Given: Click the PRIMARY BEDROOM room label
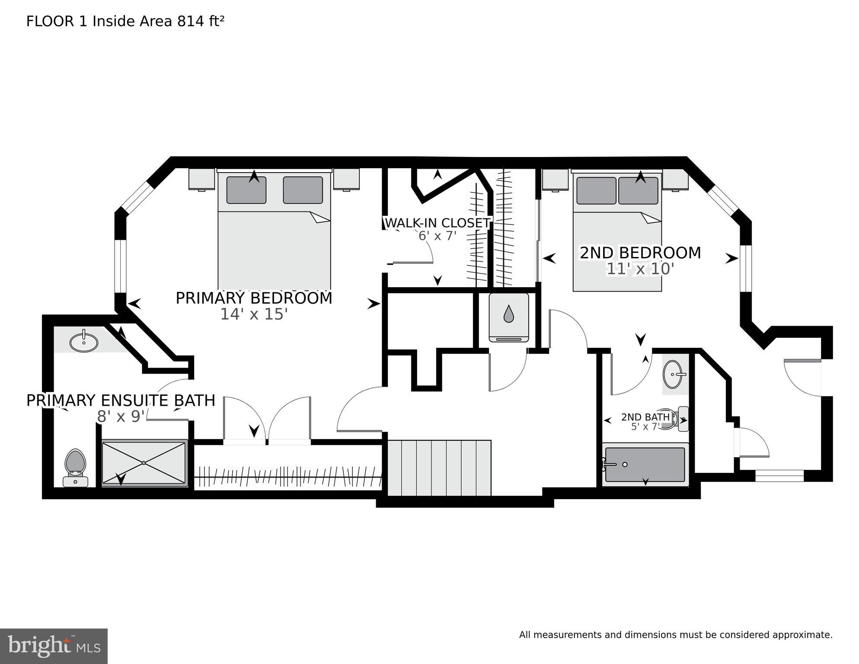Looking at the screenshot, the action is (254, 298).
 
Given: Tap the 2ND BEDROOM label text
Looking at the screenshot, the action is (640, 253).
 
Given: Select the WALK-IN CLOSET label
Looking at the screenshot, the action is (437, 223).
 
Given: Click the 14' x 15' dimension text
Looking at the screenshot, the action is (254, 314).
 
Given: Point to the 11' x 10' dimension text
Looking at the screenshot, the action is (640, 269).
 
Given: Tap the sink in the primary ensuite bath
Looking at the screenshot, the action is (84, 342).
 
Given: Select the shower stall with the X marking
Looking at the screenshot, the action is (144, 463).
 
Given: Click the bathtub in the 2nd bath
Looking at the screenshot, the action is (645, 465).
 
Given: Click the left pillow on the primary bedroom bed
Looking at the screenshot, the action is (246, 190).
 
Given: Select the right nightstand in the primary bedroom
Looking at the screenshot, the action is (346, 180).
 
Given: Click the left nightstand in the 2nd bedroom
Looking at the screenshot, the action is (556, 180).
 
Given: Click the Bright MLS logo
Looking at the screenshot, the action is (54, 646).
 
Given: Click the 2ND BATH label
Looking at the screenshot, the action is (645, 417).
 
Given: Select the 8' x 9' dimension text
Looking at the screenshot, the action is (121, 417).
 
